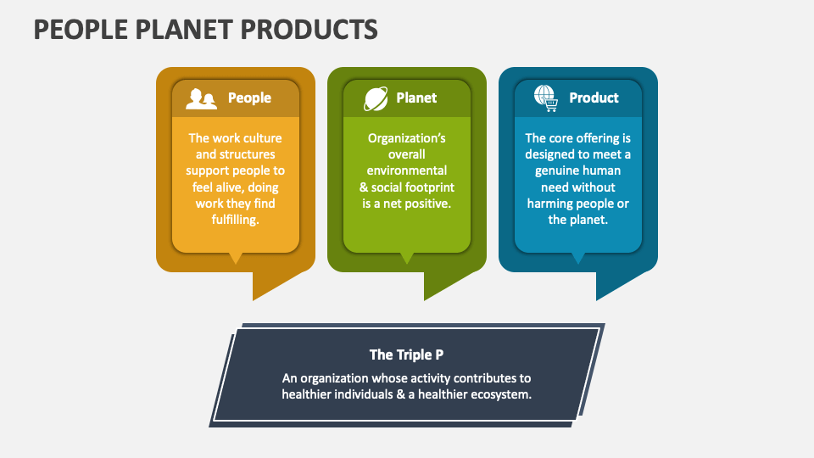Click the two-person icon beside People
[x=202, y=98]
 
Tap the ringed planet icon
[x=376, y=98]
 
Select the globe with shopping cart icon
[x=545, y=98]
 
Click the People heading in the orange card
[x=249, y=98]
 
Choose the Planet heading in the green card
[x=416, y=98]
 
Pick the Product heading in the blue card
[x=594, y=98]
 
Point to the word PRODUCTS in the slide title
[x=310, y=29]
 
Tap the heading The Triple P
[x=406, y=355]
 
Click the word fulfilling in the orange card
[x=236, y=220]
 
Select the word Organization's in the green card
[x=406, y=138]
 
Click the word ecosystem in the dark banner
[x=500, y=394]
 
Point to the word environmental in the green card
[x=406, y=170]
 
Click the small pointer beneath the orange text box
[x=236, y=258]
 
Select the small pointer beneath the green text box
[x=407, y=258]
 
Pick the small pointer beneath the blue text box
[x=578, y=258]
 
